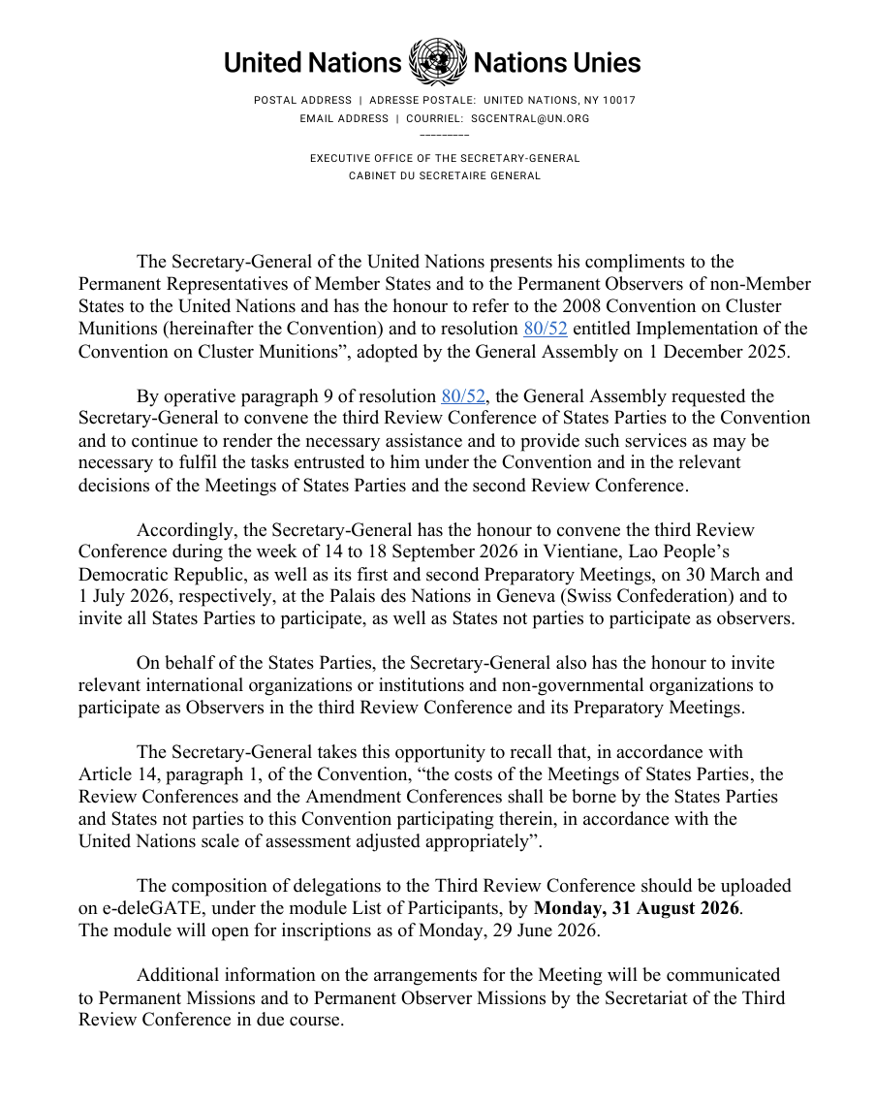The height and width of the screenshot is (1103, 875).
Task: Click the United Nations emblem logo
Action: [x=436, y=62]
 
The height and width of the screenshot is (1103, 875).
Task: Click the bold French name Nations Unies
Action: [x=556, y=63]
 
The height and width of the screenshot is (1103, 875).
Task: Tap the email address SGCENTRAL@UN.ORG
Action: [x=530, y=118]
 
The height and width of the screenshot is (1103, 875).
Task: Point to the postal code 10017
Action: [x=619, y=100]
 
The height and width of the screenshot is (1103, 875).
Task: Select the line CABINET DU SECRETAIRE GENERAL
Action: [x=445, y=175]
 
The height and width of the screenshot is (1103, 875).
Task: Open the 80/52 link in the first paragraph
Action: [x=546, y=329]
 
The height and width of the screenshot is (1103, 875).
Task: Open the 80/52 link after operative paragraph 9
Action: [x=463, y=395]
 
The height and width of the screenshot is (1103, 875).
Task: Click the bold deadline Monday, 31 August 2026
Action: [x=637, y=908]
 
